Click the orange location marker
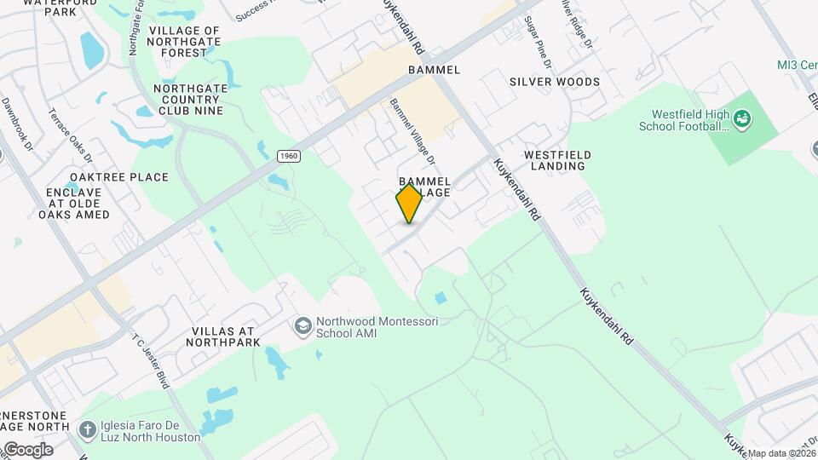point(410,203)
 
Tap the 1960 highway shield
point(289,156)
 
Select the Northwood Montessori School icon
point(302,326)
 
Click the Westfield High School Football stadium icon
point(743,119)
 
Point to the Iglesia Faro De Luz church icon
point(87,429)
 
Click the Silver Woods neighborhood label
point(555,82)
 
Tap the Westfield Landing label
point(557,160)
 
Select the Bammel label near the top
point(434,69)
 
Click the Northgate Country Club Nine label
point(188,99)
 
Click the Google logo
point(29,449)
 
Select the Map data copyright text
point(781,453)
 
